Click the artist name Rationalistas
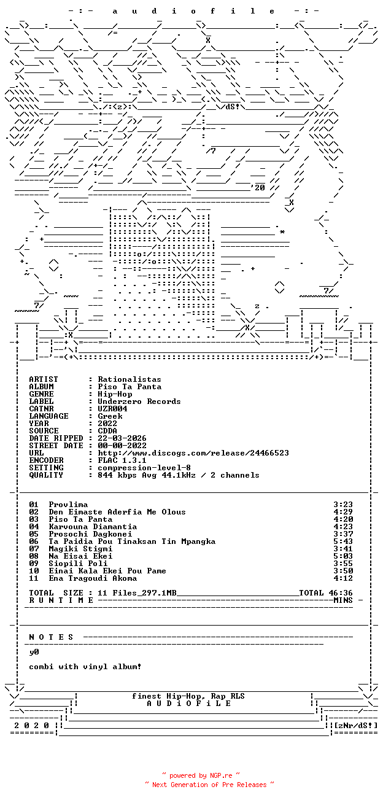coord(130,379)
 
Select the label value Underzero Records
coord(139,401)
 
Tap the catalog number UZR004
coord(112,409)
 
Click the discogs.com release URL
coord(193,453)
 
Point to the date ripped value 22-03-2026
coord(122,438)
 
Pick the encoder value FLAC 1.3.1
coord(122,460)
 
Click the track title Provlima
coord(68,505)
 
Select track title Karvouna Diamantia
coord(93,527)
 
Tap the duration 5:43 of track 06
coord(343,541)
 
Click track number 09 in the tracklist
coord(34,563)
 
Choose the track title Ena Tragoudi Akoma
coord(93,578)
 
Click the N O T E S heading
coord(51,637)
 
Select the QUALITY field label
coord(46,475)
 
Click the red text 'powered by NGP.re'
coord(201,775)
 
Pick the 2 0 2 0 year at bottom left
coord(31,725)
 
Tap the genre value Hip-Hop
coord(115,394)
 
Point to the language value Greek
coord(110,416)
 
